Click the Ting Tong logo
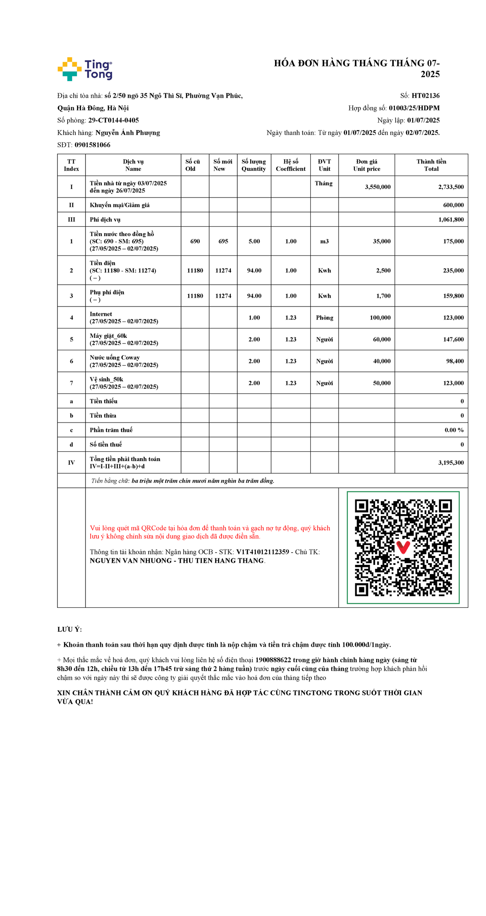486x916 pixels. pyautogui.click(x=85, y=69)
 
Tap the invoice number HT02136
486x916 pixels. pyautogui.click(x=425, y=96)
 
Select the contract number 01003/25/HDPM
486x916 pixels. pyautogui.click(x=414, y=108)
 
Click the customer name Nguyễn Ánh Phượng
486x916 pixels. pyautogui.click(x=128, y=133)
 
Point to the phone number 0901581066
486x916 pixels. pyautogui.click(x=92, y=145)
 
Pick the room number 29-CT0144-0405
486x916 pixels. pyautogui.click(x=113, y=120)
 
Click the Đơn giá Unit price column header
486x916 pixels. pyautogui.click(x=367, y=165)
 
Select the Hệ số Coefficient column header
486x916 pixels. pyautogui.click(x=290, y=165)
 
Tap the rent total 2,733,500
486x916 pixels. pyautogui.click(x=451, y=187)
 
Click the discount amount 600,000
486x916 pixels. pyautogui.click(x=453, y=205)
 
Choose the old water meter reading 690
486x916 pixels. pyautogui.click(x=195, y=241)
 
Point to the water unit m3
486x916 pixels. pyautogui.click(x=324, y=241)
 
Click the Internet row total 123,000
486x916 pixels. pyautogui.click(x=453, y=318)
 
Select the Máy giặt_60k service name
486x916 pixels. pyautogui.click(x=109, y=336)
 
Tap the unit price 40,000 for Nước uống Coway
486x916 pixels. pyautogui.click(x=382, y=361)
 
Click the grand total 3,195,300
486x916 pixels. pyautogui.click(x=451, y=463)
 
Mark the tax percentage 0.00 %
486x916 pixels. pyautogui.click(x=454, y=430)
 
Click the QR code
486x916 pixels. pyautogui.click(x=403, y=547)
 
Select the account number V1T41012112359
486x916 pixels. pyautogui.click(x=262, y=552)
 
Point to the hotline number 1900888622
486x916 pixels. pyautogui.click(x=273, y=660)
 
